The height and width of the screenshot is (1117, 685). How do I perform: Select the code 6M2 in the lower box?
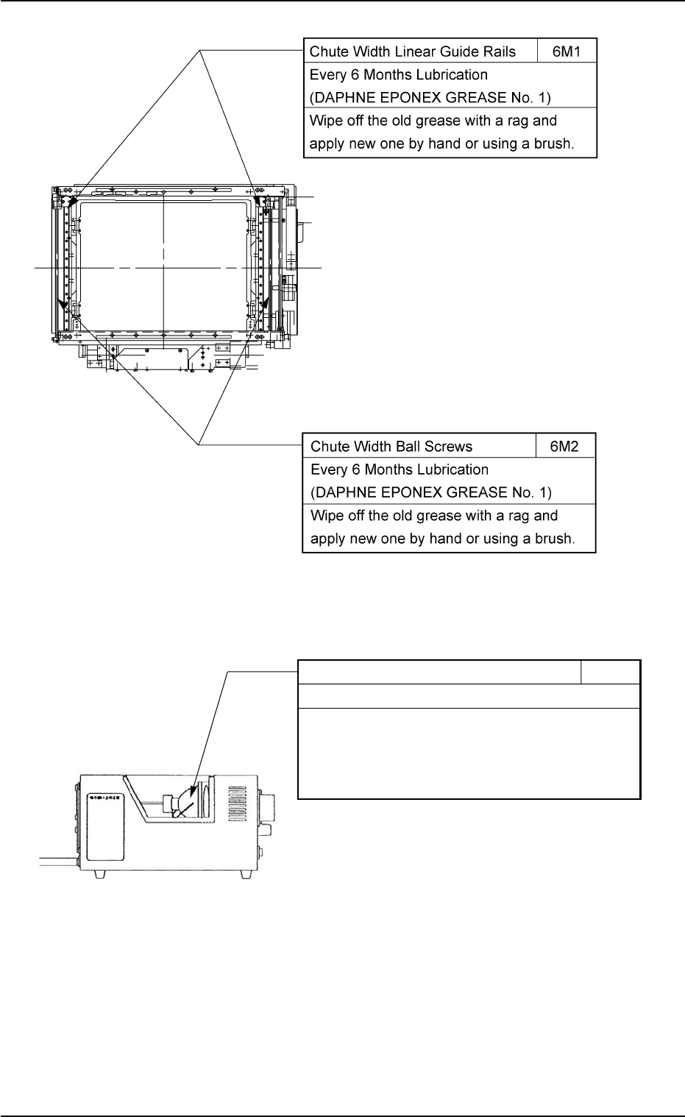click(x=566, y=446)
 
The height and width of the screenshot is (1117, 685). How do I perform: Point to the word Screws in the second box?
click(x=448, y=446)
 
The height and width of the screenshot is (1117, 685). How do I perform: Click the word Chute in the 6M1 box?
click(x=328, y=52)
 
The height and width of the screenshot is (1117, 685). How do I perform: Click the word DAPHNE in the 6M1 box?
click(x=339, y=98)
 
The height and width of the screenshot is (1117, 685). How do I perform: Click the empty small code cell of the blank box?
click(x=610, y=672)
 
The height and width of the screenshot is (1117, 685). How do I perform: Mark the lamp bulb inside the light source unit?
click(x=182, y=802)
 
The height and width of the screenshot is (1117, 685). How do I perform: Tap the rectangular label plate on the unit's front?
click(x=103, y=826)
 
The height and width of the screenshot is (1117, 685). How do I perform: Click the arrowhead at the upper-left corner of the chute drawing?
click(x=71, y=200)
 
